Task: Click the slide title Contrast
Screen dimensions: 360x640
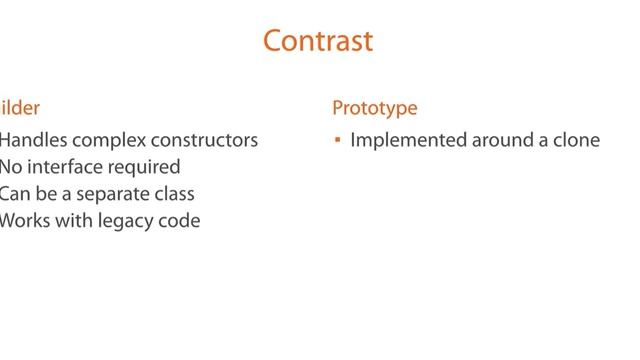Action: (318, 41)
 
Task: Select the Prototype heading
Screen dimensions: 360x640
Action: (375, 108)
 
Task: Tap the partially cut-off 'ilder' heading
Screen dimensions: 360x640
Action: (20, 108)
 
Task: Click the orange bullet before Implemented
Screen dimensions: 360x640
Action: (338, 141)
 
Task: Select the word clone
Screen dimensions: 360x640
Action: (576, 141)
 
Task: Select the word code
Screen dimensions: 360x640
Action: (179, 221)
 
